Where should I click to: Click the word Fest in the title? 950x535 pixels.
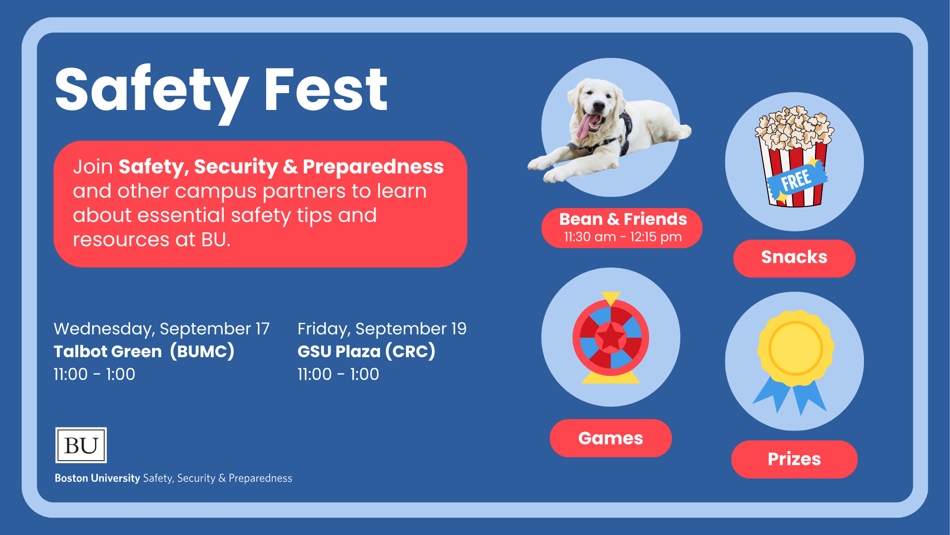click(326, 90)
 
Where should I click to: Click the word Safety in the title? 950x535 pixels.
click(152, 94)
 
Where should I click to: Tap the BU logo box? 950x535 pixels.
click(81, 445)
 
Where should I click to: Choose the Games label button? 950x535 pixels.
click(611, 438)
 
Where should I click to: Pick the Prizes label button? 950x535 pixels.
click(794, 459)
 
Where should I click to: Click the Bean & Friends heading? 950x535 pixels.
click(623, 219)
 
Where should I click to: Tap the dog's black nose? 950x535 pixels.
click(599, 106)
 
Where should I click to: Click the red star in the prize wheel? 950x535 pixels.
click(611, 337)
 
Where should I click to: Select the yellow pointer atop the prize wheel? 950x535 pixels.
click(611, 299)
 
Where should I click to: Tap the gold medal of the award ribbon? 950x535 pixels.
click(795, 348)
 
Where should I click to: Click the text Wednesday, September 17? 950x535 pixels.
click(162, 329)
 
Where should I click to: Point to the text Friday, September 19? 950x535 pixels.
click(382, 329)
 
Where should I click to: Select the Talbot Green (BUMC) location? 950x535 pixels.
click(144, 352)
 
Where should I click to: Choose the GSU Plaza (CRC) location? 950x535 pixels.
click(366, 352)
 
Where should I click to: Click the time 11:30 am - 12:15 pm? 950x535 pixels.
click(623, 237)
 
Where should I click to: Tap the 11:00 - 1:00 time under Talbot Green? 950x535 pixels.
click(95, 374)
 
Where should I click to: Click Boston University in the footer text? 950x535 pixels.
click(97, 478)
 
